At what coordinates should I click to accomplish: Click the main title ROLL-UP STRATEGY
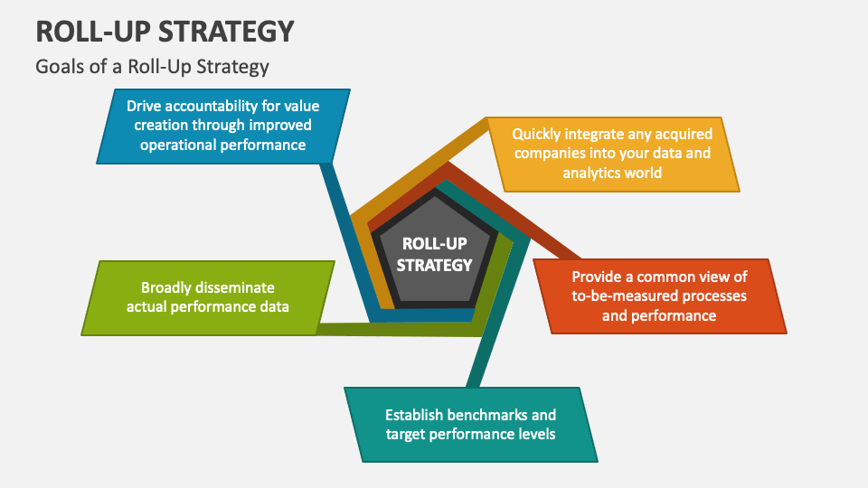(165, 31)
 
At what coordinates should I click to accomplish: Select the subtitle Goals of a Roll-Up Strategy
(152, 66)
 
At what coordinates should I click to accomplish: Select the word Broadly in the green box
(167, 287)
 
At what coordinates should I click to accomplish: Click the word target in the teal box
(407, 434)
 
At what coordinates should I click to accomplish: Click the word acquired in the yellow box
(672, 134)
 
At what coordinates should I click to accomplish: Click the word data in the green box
(272, 306)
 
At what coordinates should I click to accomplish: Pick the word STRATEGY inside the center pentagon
(435, 265)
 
